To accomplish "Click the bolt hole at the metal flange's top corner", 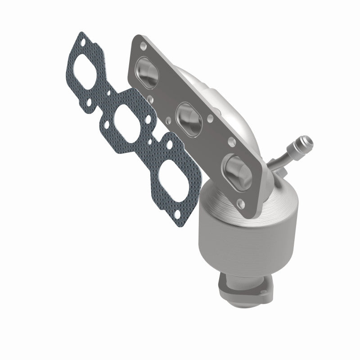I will [x=143, y=45].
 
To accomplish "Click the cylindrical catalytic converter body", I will [x=238, y=234].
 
